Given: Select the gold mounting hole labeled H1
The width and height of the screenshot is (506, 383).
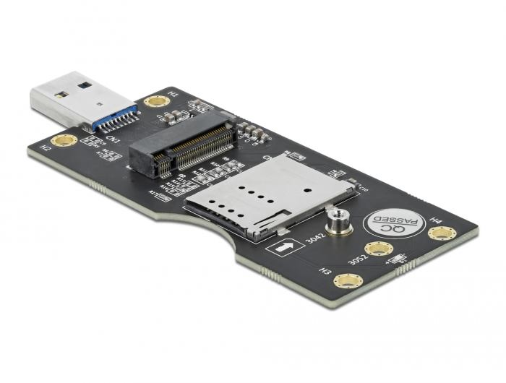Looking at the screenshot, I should (x=155, y=100).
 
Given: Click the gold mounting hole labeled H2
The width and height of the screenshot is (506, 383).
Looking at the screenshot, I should (x=64, y=139).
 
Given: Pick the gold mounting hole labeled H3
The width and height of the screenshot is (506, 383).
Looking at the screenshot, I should (x=347, y=281).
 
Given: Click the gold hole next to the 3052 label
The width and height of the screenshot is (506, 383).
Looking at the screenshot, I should (x=378, y=249).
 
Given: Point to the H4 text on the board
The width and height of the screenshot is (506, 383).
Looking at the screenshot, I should (x=436, y=219).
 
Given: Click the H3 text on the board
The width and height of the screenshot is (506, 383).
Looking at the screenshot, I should (x=326, y=272).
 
